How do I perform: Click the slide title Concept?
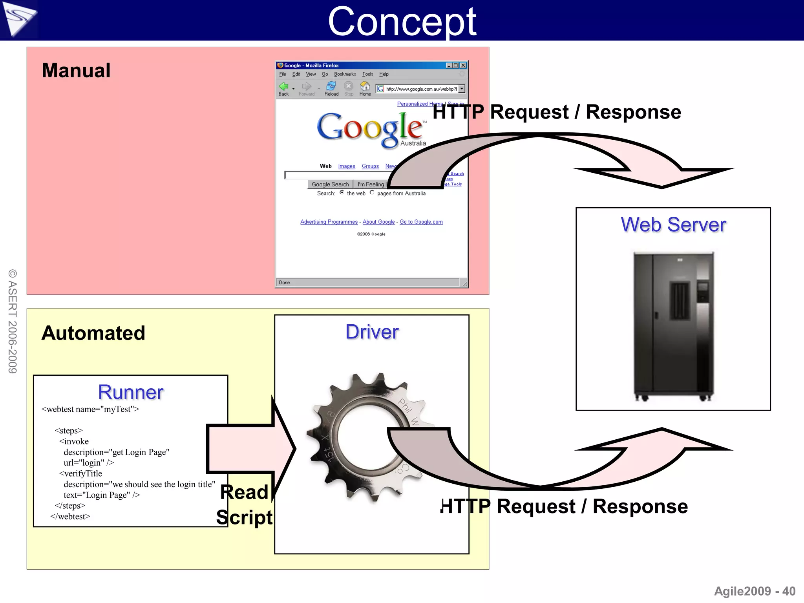(402, 22)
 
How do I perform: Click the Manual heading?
(76, 71)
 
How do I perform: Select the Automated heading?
(93, 333)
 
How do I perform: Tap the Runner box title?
(131, 392)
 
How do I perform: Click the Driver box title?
(372, 332)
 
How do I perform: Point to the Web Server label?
(673, 225)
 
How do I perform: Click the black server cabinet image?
(674, 326)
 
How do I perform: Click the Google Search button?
(330, 184)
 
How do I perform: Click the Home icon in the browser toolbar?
(365, 88)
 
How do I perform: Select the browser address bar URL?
(421, 89)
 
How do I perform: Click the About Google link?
(378, 222)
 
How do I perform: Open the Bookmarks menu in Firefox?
(345, 74)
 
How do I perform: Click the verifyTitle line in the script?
(81, 473)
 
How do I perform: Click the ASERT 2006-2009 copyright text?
(13, 321)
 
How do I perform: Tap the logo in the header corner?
(19, 19)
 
